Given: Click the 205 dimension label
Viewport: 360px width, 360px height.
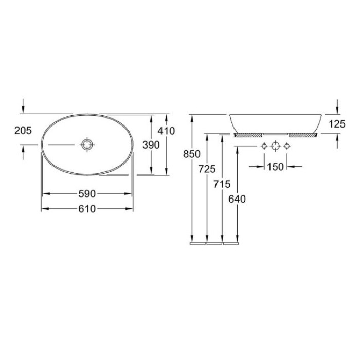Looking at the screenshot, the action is coord(23,131).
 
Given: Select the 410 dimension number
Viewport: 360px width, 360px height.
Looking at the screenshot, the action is coord(166,131).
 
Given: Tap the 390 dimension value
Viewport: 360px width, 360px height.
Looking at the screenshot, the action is coord(151,145).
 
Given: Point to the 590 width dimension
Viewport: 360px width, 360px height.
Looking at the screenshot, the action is coord(87,194).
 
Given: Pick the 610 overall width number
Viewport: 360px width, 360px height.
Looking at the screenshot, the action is coord(87,209).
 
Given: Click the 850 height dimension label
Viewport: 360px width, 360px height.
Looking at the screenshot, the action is coord(192,154).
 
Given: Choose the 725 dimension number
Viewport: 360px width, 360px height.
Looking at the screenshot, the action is coord(207,169).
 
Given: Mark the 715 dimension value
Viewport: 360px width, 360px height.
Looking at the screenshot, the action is coord(222,184).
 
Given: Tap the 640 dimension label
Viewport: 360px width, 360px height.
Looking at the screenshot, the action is coord(237,199).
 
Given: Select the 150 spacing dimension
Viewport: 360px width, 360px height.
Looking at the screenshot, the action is coord(276,167).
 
